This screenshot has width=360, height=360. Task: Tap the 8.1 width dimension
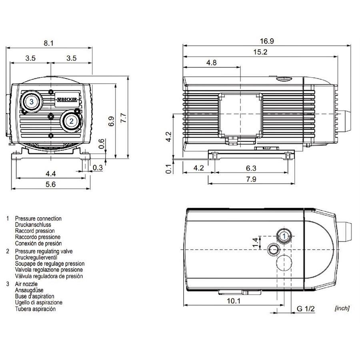(x=48, y=44)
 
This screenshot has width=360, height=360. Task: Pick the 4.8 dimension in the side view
(x=212, y=63)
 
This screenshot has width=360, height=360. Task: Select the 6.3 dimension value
(x=250, y=168)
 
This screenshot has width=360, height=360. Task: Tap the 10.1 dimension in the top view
(x=233, y=301)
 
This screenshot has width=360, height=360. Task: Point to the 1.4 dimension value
(x=255, y=242)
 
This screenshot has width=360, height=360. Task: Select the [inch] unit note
(x=341, y=308)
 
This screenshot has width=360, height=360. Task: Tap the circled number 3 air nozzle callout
(x=31, y=101)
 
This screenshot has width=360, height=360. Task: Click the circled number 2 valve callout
(x=70, y=120)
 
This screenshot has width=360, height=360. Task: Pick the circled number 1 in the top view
(x=284, y=236)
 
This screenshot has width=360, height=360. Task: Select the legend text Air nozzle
(x=26, y=284)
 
